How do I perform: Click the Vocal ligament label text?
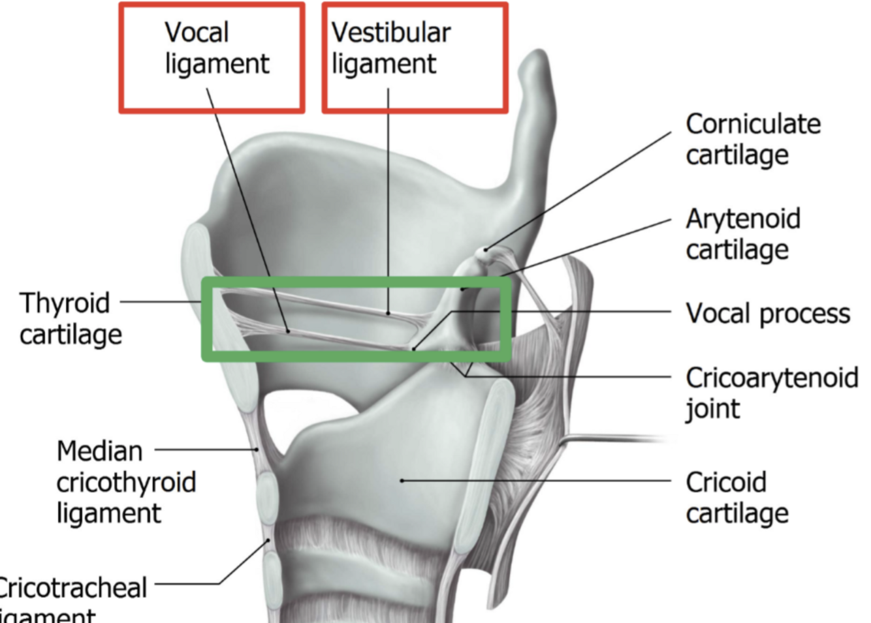[x=216, y=48]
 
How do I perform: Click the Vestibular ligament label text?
[x=390, y=48]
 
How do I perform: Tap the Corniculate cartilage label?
[x=753, y=139]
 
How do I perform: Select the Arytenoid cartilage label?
[x=743, y=234]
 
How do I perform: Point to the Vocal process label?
[x=768, y=314]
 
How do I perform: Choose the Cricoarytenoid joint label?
[x=771, y=393]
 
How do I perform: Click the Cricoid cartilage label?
[x=737, y=498]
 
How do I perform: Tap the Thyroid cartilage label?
[x=71, y=318]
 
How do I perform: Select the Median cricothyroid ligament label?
[x=126, y=482]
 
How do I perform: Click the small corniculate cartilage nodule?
[x=484, y=249]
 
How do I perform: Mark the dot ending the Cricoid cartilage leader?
[x=402, y=481]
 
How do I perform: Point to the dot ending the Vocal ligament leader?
[x=288, y=331]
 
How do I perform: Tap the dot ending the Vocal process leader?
[x=414, y=349]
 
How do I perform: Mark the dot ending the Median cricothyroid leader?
[x=257, y=449]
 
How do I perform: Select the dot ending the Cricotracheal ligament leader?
[x=268, y=541]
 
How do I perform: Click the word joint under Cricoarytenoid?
[x=712, y=409]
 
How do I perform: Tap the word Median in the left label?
[x=99, y=451]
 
